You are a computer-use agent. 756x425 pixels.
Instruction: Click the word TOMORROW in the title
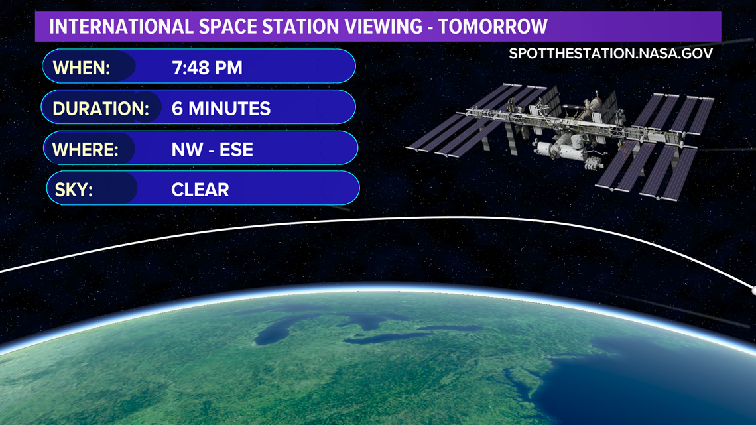493,27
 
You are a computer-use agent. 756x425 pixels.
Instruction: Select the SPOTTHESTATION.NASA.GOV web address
611,54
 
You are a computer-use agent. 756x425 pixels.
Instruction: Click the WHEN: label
82,68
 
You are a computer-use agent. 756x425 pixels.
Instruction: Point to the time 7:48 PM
207,68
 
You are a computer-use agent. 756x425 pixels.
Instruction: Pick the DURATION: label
101,109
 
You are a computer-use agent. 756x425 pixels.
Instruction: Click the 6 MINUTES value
221,109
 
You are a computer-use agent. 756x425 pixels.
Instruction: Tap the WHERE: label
86,149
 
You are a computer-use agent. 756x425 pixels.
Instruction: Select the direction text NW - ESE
212,149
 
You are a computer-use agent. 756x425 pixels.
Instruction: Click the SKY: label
74,190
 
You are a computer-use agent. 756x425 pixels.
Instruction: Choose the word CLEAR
200,190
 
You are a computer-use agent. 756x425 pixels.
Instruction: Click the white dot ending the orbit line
753,290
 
